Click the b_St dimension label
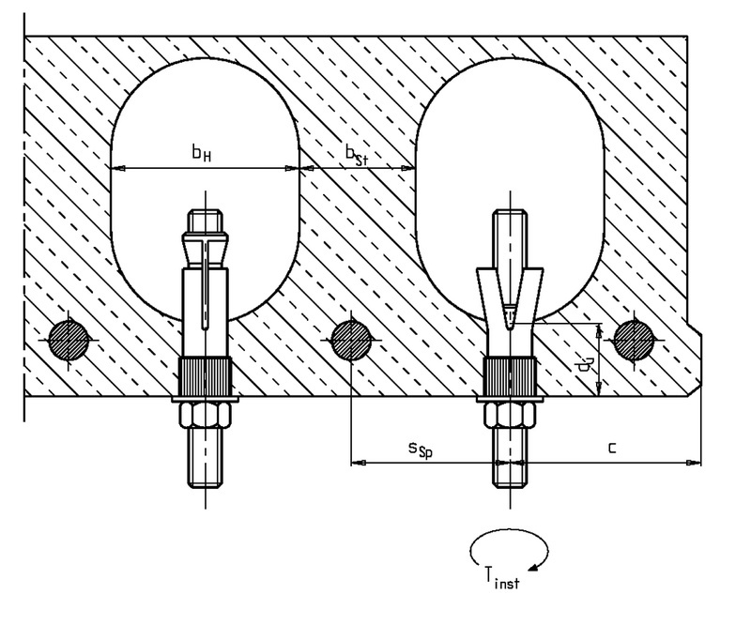[x=356, y=153]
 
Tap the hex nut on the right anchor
[x=509, y=414]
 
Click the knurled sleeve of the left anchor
[x=206, y=378]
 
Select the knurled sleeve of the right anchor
[x=509, y=378]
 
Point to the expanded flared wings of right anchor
[x=508, y=286]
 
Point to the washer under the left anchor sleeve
[x=206, y=400]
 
